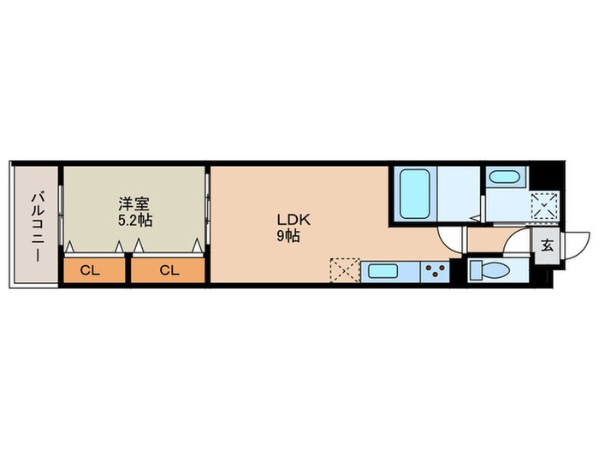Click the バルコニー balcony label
coord(37,227)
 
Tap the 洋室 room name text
coord(133,204)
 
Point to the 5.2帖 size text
coord(135,221)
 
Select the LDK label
coord(294,220)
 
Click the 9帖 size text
coord(288,237)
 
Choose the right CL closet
coord(168,270)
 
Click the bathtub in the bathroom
coord(414,193)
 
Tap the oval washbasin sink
coord(504,177)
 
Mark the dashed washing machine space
coord(545,205)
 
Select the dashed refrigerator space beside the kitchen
coord(345,270)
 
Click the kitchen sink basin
coord(383,271)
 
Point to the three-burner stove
coord(435,271)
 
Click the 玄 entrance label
coord(547,245)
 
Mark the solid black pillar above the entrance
coord(545,176)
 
